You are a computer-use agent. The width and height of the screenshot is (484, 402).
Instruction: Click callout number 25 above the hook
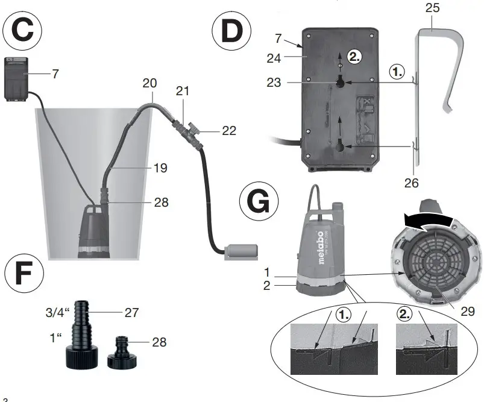click(x=433, y=8)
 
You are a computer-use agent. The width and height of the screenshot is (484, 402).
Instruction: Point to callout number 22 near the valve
click(x=228, y=130)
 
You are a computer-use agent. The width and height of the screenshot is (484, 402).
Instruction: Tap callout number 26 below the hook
click(x=412, y=180)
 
